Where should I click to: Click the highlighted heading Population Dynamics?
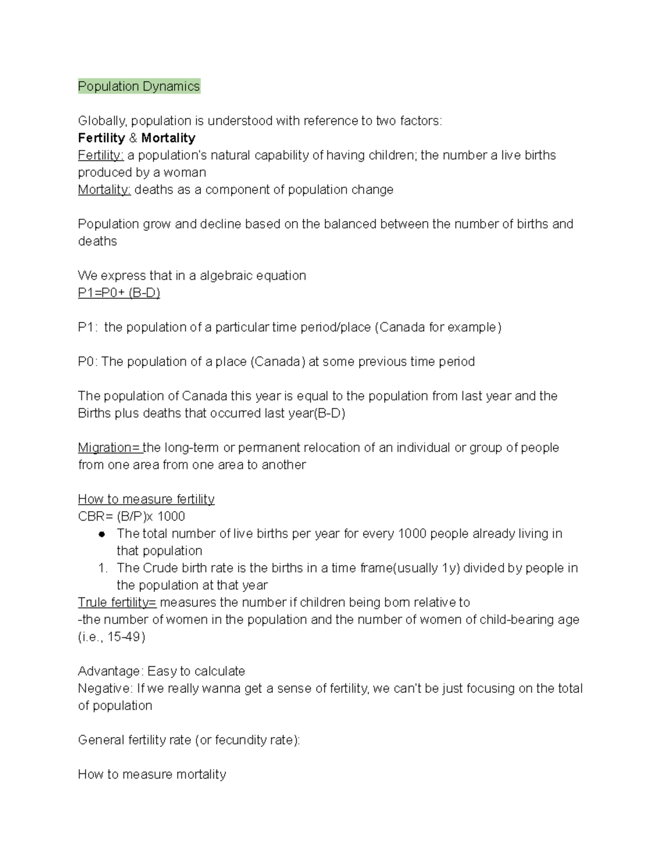pyautogui.click(x=139, y=86)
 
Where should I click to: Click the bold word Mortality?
pyautogui.click(x=168, y=138)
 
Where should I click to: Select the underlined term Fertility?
pyautogui.click(x=101, y=155)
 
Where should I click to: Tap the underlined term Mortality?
pyautogui.click(x=104, y=189)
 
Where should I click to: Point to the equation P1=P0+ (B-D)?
pyautogui.click(x=119, y=292)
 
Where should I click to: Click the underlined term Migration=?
pyautogui.click(x=110, y=447)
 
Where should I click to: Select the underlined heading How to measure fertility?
pyautogui.click(x=146, y=499)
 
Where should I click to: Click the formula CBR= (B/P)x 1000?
pyautogui.click(x=132, y=516)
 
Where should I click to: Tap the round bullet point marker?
pyautogui.click(x=102, y=534)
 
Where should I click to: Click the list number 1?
pyautogui.click(x=102, y=568)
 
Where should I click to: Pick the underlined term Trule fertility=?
pyautogui.click(x=117, y=602)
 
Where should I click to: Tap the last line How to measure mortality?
pyautogui.click(x=152, y=774)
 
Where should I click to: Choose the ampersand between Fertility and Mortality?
pyautogui.click(x=133, y=138)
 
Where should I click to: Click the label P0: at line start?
pyautogui.click(x=87, y=362)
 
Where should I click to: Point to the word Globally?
pyautogui.click(x=102, y=121)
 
